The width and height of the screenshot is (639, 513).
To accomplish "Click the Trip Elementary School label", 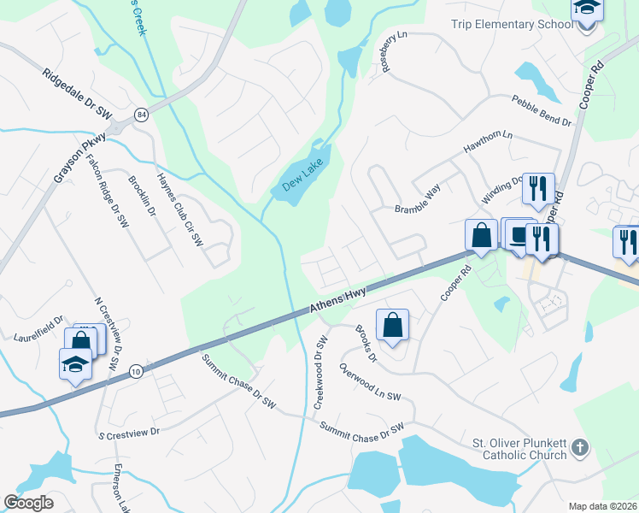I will pos(512,24).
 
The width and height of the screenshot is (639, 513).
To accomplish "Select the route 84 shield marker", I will pos(139,114).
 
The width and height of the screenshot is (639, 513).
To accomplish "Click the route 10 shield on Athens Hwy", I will pos(136,371).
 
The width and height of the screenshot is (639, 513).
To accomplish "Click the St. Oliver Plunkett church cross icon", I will pos(580,447).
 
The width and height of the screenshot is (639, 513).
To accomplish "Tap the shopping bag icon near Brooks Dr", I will pos(392,326).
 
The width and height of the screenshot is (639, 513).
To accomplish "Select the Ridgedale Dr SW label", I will pos(77,94).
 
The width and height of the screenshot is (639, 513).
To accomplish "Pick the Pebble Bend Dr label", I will pos(541,112).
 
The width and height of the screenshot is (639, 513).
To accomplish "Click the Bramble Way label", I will pos(417,202).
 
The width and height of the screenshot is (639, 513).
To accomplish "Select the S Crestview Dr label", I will pos(128,433).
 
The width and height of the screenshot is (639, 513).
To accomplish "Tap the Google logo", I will pos(28,503).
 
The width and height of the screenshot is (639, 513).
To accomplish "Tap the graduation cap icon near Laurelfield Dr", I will pos(75,364).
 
